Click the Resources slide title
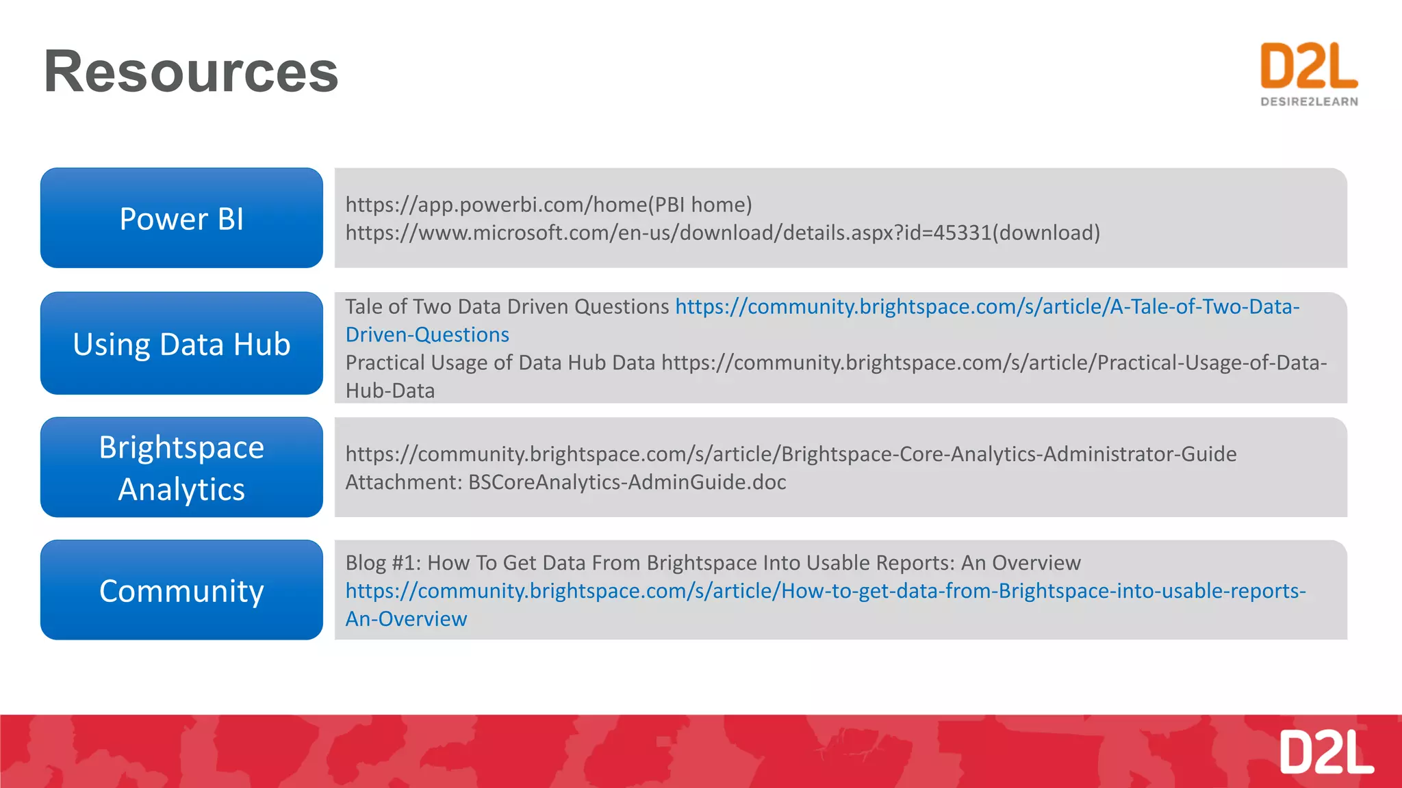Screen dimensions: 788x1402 (x=191, y=72)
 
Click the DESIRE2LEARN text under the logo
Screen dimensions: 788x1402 (x=1309, y=102)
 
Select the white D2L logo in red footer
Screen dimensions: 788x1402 (x=1326, y=752)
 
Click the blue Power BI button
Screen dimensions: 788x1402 (x=181, y=218)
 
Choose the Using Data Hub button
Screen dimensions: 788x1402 (x=181, y=343)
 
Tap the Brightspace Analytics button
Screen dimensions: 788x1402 (x=181, y=468)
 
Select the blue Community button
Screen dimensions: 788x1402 (x=181, y=590)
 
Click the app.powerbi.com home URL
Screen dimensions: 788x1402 (x=496, y=205)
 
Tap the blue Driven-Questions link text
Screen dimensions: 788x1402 (x=427, y=334)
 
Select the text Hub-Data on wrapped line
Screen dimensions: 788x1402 (x=390, y=391)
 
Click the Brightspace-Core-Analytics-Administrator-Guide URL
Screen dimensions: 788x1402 (x=791, y=454)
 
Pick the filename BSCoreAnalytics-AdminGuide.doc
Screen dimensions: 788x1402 (x=626, y=482)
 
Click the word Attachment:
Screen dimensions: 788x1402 (x=404, y=482)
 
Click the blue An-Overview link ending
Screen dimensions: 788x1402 (x=406, y=619)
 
